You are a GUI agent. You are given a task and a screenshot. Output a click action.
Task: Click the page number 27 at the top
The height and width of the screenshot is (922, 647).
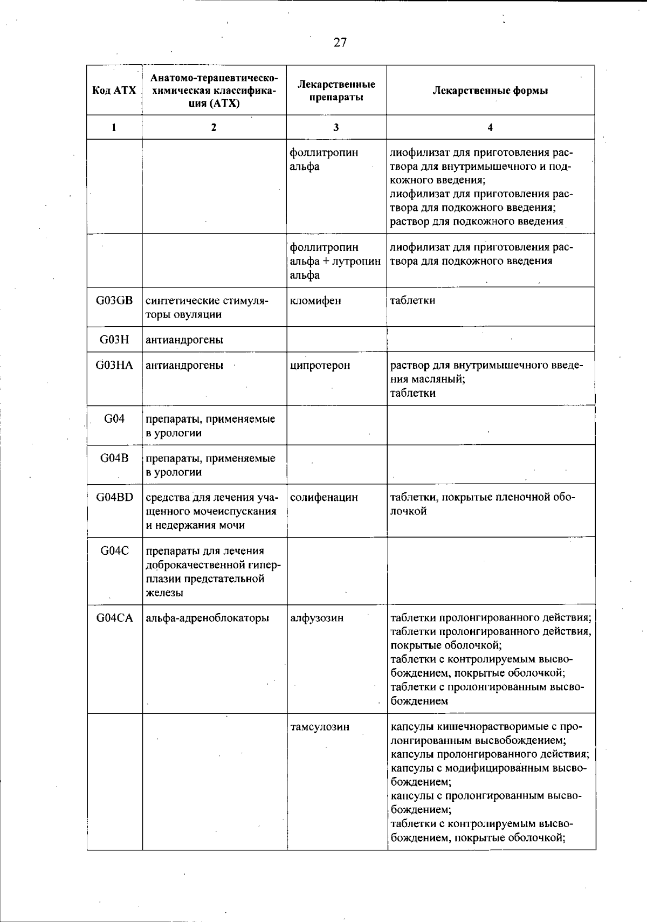[340, 43]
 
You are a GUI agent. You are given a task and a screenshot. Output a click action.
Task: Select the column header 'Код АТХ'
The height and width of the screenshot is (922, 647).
[114, 90]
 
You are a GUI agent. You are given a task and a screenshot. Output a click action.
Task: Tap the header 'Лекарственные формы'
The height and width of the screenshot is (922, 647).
[490, 90]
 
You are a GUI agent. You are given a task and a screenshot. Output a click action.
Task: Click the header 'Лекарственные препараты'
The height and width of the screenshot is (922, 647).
[336, 90]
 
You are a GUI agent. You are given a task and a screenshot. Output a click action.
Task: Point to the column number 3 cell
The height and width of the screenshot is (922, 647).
[336, 127]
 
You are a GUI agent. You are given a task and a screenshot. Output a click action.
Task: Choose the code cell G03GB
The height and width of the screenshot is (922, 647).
[114, 300]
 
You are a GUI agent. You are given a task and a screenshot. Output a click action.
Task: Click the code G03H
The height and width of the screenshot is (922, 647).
[114, 340]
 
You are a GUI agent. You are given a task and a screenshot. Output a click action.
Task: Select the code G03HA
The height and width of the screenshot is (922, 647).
[114, 365]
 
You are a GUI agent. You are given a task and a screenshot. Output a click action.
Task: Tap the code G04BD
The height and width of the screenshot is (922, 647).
[114, 497]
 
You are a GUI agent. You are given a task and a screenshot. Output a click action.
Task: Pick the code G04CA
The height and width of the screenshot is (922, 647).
[114, 618]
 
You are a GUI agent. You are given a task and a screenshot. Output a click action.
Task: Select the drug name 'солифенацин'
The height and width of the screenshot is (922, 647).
[323, 497]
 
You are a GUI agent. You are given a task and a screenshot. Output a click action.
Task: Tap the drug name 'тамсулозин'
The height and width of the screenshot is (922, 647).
[319, 727]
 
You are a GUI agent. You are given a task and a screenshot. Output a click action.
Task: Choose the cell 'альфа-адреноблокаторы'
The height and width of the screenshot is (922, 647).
[208, 618]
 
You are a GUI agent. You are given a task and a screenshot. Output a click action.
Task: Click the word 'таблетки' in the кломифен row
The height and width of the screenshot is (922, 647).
[412, 300]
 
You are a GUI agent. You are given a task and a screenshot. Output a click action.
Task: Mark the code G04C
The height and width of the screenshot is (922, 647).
[114, 551]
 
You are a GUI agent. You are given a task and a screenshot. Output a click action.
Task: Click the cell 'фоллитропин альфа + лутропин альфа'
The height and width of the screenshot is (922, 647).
[335, 261]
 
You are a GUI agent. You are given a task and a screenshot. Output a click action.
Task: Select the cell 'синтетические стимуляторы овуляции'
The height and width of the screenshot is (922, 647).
[207, 307]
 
